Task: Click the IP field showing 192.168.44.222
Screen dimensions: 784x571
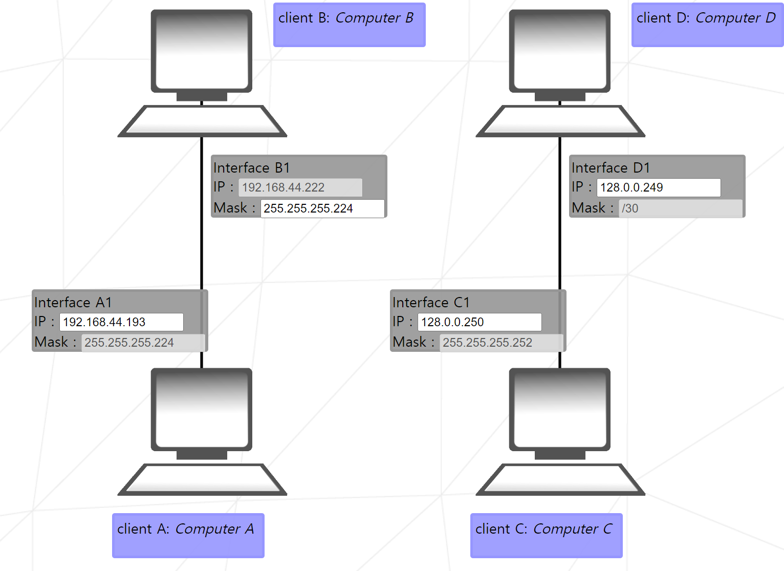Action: coord(300,187)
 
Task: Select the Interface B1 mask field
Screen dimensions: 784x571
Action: coord(322,208)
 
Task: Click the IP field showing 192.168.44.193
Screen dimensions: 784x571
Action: coord(121,322)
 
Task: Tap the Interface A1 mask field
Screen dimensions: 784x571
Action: coord(143,343)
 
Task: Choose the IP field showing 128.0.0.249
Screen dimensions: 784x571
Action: coord(659,187)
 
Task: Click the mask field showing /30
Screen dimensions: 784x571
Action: coord(681,208)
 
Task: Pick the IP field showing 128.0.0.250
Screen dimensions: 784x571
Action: coord(480,322)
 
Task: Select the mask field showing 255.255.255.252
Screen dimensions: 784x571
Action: coord(502,343)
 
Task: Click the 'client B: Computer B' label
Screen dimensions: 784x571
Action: coord(350,25)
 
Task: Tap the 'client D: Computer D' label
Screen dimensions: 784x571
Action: coord(707,25)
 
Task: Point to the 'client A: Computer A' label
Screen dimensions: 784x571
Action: coord(188,535)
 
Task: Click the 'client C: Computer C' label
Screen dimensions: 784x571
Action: coord(546,535)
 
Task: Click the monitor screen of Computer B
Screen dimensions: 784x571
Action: coord(202,51)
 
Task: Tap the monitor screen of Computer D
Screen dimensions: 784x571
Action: coord(560,51)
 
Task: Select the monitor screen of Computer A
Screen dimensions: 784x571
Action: coord(202,410)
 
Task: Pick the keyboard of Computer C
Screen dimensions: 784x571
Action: coord(560,480)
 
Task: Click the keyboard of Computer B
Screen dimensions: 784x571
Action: coord(202,122)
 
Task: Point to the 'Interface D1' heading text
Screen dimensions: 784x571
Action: coord(611,168)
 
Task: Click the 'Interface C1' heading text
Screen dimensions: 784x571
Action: coord(431,303)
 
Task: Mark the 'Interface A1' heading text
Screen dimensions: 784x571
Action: coord(73,303)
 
